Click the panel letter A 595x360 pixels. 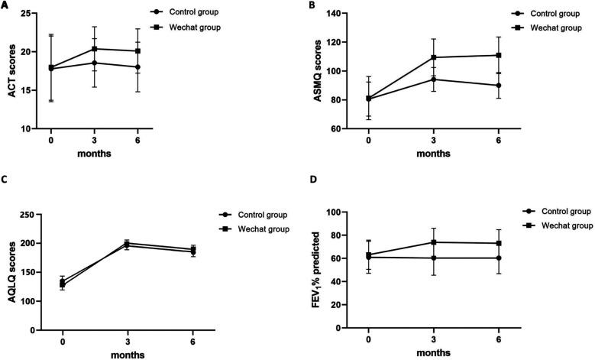click(5, 6)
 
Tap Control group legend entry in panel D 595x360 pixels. click(538, 210)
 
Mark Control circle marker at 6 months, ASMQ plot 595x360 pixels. click(499, 86)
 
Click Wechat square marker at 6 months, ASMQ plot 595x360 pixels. click(499, 55)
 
